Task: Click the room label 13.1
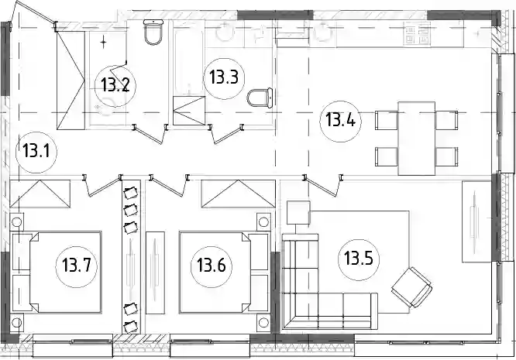pos(36,152)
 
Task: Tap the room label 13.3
pos(224,78)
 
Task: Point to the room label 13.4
pos(340,121)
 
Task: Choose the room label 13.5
pos(359,259)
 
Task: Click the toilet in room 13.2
pos(153,32)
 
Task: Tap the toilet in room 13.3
pos(260,98)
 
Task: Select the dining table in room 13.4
pos(417,139)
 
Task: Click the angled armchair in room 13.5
pos(411,287)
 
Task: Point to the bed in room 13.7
pos(66,272)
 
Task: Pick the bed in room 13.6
pos(215,272)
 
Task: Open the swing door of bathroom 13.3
pos(226,133)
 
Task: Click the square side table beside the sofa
pos(298,213)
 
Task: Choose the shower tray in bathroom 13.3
pos(189,111)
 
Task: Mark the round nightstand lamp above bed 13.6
pos(263,222)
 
